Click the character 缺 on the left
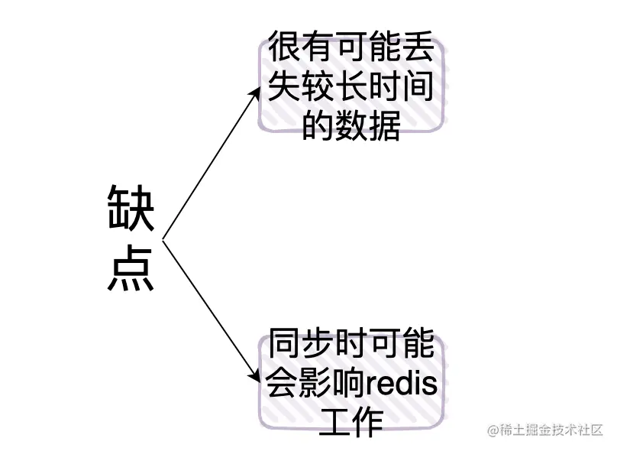tap(131, 209)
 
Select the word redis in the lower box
tap(402, 384)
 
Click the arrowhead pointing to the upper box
tap(257, 89)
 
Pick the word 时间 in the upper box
tap(402, 88)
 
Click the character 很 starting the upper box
tap(285, 50)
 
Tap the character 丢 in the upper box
tap(418, 50)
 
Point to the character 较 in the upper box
tap(318, 88)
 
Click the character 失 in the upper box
tap(284, 88)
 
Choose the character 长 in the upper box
tap(351, 88)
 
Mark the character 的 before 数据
tap(318, 125)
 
